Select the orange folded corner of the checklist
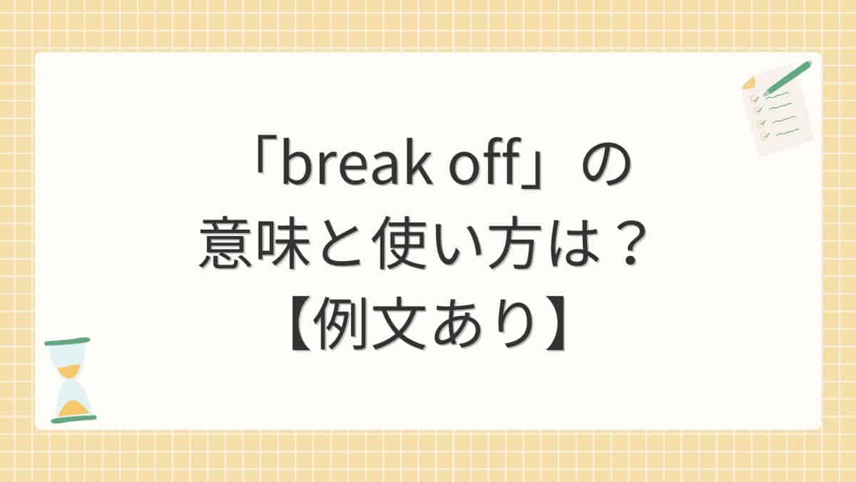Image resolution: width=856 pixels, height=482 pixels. tap(748, 83)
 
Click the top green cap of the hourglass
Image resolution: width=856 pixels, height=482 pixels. tap(67, 342)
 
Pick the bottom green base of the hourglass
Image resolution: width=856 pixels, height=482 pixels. tap(73, 419)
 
